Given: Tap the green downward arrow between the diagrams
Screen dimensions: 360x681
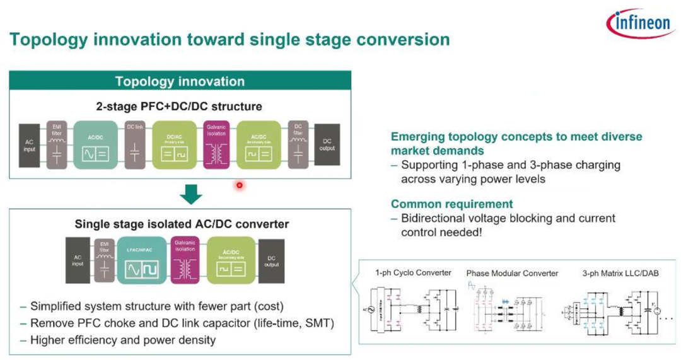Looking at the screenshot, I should (190, 194).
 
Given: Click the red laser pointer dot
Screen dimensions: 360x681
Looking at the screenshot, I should (240, 185).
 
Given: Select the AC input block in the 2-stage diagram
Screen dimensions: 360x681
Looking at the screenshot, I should (30, 145).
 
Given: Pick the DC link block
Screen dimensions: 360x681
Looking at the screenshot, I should (135, 145).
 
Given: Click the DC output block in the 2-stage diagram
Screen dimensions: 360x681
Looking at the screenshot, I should (327, 145).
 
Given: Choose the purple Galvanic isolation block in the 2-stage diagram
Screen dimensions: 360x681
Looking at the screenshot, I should (216, 145).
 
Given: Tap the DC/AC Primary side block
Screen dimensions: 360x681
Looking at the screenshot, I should (174, 145).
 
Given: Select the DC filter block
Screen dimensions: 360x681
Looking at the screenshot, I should (298, 145).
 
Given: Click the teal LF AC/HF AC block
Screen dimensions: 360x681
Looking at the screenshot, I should (141, 261).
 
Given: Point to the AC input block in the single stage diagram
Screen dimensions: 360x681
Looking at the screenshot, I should (78, 261).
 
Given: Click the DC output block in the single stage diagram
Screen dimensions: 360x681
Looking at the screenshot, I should (272, 261).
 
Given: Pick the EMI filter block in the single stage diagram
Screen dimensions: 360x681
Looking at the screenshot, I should (104, 261).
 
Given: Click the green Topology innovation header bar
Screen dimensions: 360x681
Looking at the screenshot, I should (180, 81).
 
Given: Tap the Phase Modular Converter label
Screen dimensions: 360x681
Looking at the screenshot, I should (512, 273).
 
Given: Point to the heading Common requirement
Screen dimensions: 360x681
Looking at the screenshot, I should (451, 204).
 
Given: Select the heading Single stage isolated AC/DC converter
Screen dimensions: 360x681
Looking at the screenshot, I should (182, 224).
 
